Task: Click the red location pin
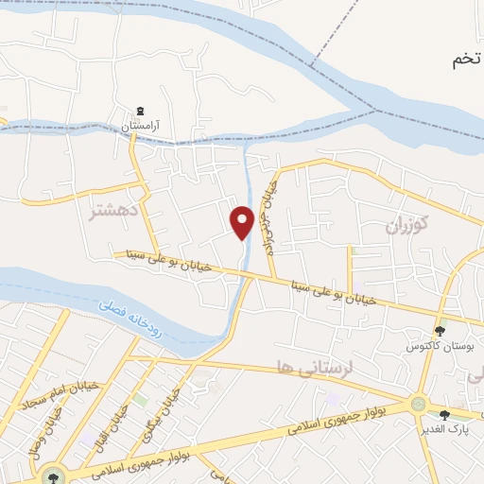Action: point(242,221)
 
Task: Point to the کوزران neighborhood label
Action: point(407,225)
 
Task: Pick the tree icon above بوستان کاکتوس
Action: point(439,330)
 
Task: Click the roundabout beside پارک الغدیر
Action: point(418,405)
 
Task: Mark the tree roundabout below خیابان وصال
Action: point(52,475)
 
